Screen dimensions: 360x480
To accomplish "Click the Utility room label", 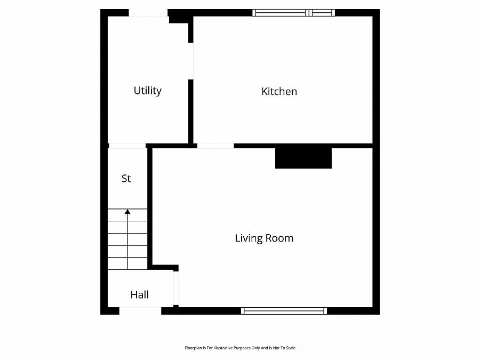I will (147, 91).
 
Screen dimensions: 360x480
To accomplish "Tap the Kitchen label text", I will (279, 91).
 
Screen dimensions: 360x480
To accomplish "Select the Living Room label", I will (264, 238).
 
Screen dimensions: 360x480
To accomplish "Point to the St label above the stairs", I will (126, 179).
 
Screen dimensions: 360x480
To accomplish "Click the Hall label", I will (139, 294).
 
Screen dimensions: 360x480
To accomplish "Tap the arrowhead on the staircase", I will (127, 212).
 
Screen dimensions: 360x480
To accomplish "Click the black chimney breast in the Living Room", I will (303, 157).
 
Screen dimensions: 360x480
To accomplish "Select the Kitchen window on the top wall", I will (294, 13).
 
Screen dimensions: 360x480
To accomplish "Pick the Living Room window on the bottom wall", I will (284, 311).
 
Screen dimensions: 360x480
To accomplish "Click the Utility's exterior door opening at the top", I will (148, 13).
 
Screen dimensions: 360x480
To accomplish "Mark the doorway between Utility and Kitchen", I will (190, 61).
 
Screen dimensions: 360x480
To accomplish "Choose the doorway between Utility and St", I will (127, 146).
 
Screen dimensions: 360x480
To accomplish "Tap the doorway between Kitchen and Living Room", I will (215, 146).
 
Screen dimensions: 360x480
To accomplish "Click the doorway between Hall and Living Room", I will (175, 288).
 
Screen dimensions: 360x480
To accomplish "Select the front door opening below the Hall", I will (140, 311).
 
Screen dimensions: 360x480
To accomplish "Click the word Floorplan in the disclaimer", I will (194, 348).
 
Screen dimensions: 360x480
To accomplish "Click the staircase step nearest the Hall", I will (127, 263).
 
